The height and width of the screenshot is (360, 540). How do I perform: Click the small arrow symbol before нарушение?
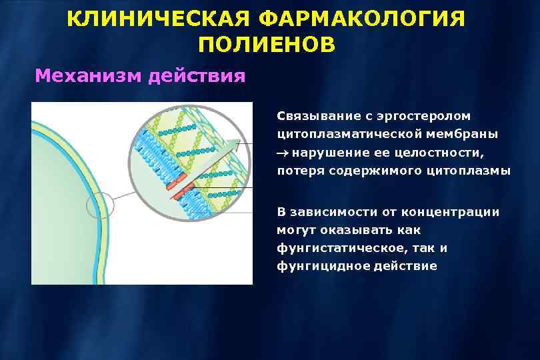(283, 153)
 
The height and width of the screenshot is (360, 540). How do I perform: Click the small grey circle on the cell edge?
(101, 205)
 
